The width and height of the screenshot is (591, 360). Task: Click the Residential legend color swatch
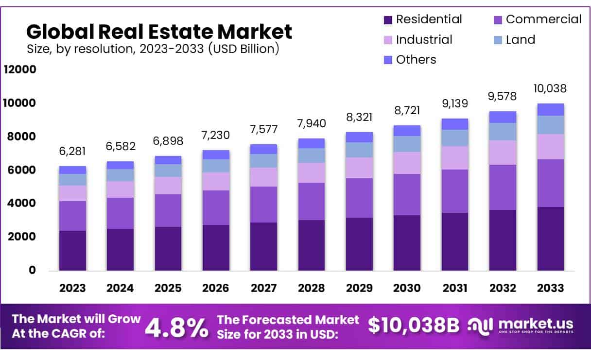click(388, 20)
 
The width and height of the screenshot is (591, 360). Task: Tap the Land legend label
click(521, 39)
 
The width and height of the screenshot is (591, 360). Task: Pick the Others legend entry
click(416, 59)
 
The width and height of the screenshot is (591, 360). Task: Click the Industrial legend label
click(424, 39)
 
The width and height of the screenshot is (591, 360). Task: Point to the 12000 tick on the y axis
click(20, 69)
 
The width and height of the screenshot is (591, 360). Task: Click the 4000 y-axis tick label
click(20, 203)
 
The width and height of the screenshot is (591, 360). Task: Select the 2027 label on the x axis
click(264, 288)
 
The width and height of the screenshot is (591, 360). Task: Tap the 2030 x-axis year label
click(407, 288)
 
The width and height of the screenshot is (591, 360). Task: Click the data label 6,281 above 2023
click(72, 152)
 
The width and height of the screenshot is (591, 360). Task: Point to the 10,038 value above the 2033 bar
click(551, 88)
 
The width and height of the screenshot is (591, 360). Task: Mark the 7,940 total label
click(312, 123)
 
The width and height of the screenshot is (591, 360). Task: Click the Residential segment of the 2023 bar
click(72, 250)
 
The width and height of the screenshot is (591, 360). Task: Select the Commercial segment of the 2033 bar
click(551, 183)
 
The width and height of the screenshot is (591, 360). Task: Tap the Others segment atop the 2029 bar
click(359, 137)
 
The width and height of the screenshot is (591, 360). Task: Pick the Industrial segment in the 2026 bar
click(216, 181)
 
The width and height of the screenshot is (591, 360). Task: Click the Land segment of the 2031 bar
click(455, 138)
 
